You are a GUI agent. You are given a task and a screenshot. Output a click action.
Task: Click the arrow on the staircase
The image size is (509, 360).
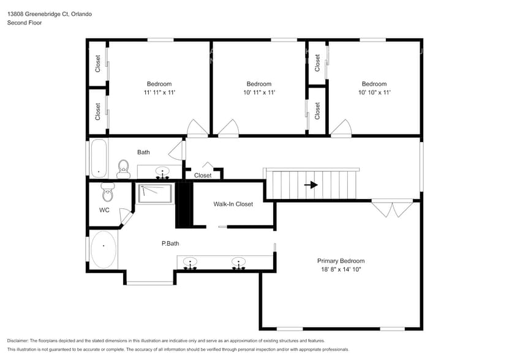[311, 185]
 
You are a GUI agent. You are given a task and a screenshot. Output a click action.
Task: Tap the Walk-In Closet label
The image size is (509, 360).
[233, 204]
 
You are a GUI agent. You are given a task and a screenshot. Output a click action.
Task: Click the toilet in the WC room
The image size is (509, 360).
[108, 192]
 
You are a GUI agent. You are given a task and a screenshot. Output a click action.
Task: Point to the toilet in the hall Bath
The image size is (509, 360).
[123, 168]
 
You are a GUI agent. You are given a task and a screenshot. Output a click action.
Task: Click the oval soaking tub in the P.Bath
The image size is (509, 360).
[104, 249]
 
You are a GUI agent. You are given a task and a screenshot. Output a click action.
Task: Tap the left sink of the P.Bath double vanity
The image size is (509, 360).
[190, 263]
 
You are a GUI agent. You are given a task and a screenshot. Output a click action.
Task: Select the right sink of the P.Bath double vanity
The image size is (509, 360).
[238, 263]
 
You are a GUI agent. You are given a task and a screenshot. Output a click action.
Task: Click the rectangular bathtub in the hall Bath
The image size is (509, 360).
[99, 158]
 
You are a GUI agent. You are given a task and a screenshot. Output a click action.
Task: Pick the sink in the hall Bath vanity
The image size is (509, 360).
[162, 171]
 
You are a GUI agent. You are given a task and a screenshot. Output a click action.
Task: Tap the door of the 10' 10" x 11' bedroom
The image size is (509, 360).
[341, 127]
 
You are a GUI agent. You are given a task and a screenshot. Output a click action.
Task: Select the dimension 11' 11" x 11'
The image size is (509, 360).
[159, 92]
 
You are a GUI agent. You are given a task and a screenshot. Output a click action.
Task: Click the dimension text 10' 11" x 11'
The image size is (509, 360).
[259, 92]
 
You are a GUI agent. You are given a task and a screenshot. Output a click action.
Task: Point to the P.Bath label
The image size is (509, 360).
[170, 244]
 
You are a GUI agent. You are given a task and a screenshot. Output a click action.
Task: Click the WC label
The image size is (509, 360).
[104, 210]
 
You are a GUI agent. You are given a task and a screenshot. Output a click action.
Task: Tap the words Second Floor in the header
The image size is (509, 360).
[25, 23]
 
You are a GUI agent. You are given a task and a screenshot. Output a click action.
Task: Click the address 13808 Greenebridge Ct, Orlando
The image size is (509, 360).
[50, 13]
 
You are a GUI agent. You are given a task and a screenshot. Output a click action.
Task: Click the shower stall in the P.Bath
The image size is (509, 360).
[155, 193]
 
